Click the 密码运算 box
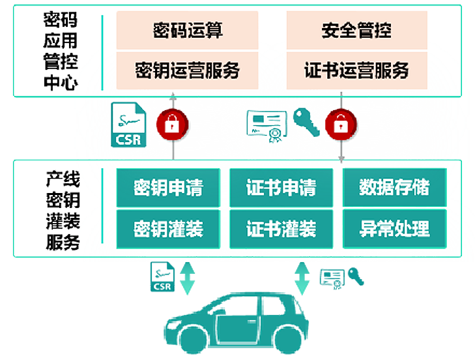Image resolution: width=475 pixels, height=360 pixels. [187, 30]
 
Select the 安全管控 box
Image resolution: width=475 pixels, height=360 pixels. [356, 30]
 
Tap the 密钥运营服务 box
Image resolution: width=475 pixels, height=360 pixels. [187, 70]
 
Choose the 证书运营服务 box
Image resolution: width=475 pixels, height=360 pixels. [356, 70]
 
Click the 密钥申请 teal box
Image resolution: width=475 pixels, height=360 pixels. [168, 188]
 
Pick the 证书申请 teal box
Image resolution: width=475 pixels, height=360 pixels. [281, 188]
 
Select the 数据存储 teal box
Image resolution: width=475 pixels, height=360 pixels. [394, 188]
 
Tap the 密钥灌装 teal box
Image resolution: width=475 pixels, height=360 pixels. [168, 228]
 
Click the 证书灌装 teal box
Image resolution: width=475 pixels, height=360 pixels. [281, 228]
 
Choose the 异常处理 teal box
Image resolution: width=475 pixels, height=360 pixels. [394, 228]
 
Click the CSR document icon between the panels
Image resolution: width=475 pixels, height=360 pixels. [129, 124]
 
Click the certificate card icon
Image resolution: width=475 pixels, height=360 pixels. [266, 124]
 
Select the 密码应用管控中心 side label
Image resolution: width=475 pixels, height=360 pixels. [59, 51]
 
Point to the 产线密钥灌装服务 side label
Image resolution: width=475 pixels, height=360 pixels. [63, 211]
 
